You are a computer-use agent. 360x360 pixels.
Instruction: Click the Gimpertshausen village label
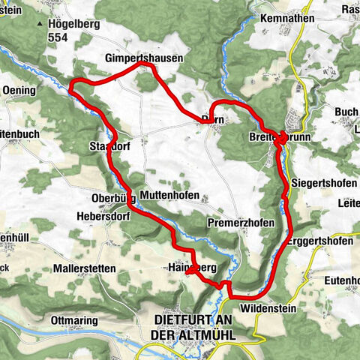pos(143,57)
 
